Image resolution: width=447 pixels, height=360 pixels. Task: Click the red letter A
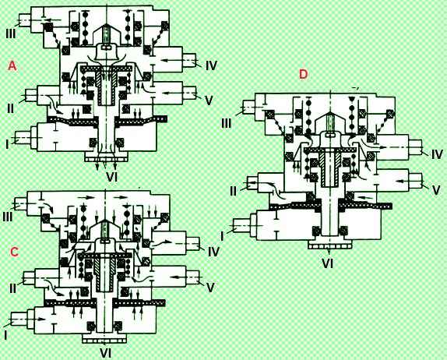pos(12,66)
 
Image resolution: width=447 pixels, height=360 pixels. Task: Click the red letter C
pos(14,252)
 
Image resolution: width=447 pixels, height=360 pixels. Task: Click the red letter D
pos(304,74)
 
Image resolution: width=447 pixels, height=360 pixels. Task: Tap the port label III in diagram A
pos(11,34)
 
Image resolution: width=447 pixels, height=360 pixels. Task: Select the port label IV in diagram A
pos(211,65)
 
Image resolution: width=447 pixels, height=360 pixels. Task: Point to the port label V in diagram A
pos(209,101)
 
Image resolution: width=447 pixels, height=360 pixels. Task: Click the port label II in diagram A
pos(10,108)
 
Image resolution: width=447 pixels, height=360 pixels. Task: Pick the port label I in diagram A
pos(7,145)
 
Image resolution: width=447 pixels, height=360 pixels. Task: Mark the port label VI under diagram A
pos(112,178)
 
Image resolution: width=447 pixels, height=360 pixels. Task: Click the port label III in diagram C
pos(8,217)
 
